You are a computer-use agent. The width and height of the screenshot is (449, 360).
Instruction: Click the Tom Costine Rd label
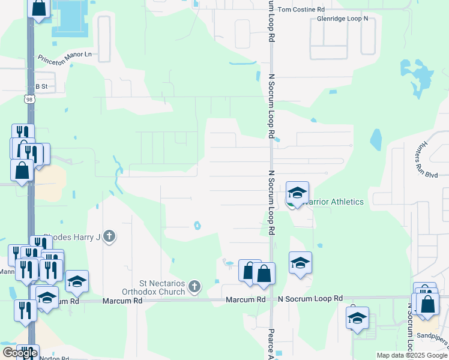pyautogui.click(x=301, y=10)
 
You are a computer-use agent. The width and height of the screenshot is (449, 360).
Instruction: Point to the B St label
pyautogui.click(x=41, y=86)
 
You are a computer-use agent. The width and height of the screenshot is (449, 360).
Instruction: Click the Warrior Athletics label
pyautogui.click(x=334, y=202)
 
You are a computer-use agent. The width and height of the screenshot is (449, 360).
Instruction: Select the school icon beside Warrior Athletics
pyautogui.click(x=297, y=193)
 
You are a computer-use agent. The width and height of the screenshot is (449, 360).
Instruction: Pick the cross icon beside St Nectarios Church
pyautogui.click(x=194, y=287)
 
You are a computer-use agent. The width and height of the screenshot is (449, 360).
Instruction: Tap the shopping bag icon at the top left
pyautogui.click(x=39, y=8)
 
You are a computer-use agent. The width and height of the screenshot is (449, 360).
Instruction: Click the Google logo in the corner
pyautogui.click(x=20, y=353)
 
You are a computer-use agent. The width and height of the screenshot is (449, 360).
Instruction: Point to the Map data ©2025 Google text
pyautogui.click(x=411, y=355)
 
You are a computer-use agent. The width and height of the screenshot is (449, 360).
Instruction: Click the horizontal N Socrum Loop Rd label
pyautogui.click(x=310, y=298)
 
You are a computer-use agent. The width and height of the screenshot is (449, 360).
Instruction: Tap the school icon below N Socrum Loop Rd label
pyautogui.click(x=357, y=318)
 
